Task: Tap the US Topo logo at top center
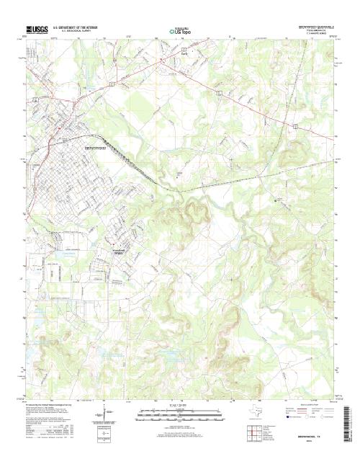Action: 180,31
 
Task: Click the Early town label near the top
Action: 164,53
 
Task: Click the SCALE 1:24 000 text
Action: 180,407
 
